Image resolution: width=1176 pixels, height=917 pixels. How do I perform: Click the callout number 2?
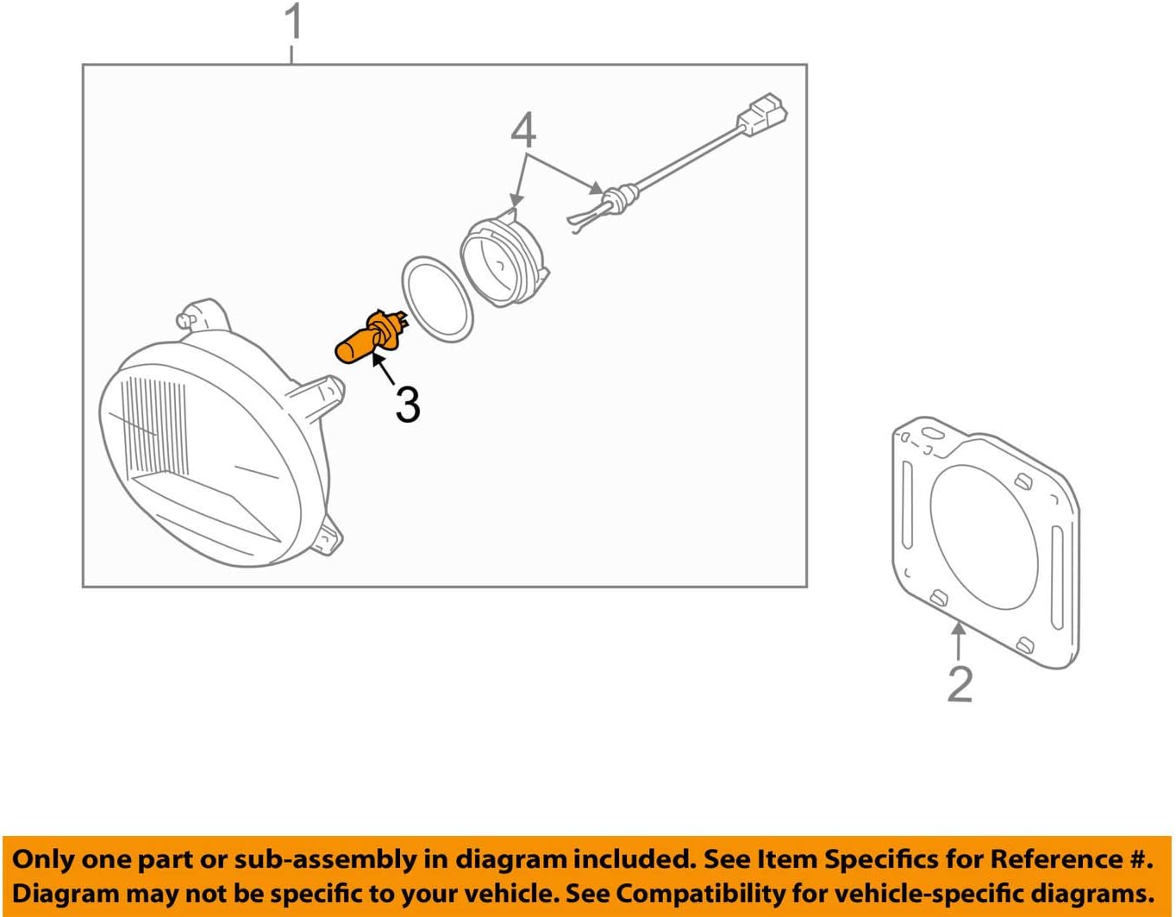click(x=960, y=683)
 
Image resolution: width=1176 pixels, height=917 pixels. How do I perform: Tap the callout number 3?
click(x=408, y=404)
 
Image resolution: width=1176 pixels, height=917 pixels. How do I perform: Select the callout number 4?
click(x=523, y=130)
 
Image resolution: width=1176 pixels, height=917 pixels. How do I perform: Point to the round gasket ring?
click(x=437, y=298)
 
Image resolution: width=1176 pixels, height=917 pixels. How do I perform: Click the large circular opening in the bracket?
click(x=984, y=535)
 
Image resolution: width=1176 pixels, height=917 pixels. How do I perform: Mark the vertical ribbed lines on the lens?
click(x=155, y=423)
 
